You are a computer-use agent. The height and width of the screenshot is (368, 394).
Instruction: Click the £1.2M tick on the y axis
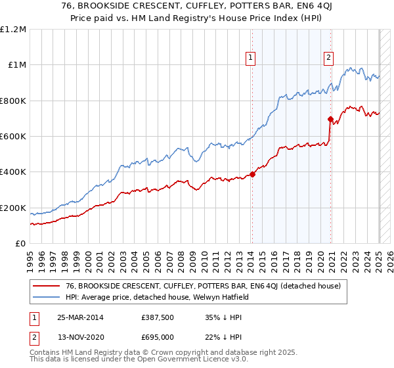[13, 30]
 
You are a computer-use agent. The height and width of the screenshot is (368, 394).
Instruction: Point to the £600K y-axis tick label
[13, 137]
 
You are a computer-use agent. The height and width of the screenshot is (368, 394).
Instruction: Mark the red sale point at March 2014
[252, 174]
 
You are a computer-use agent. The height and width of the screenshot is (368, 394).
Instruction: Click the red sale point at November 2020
[330, 120]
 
